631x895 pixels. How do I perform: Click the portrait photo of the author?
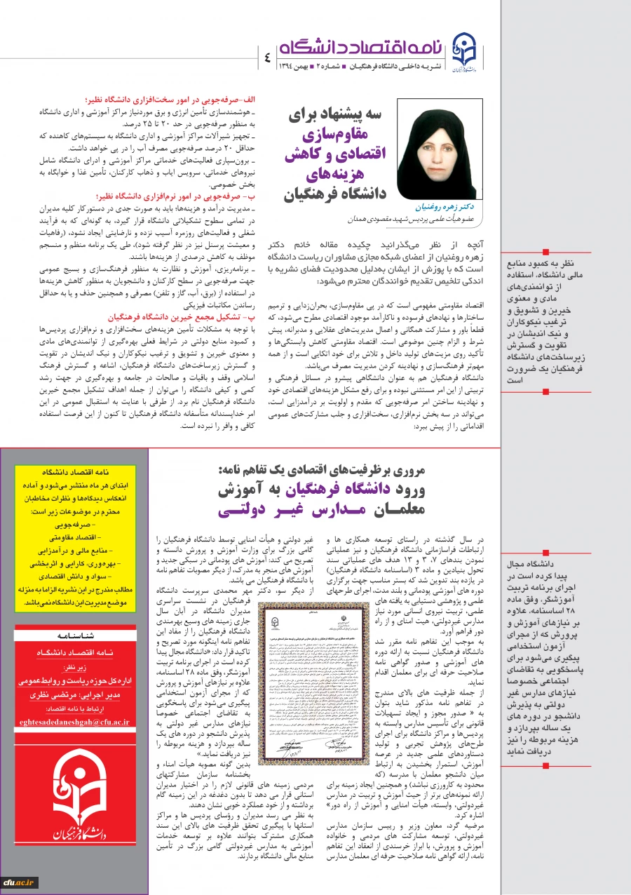(x=440, y=148)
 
